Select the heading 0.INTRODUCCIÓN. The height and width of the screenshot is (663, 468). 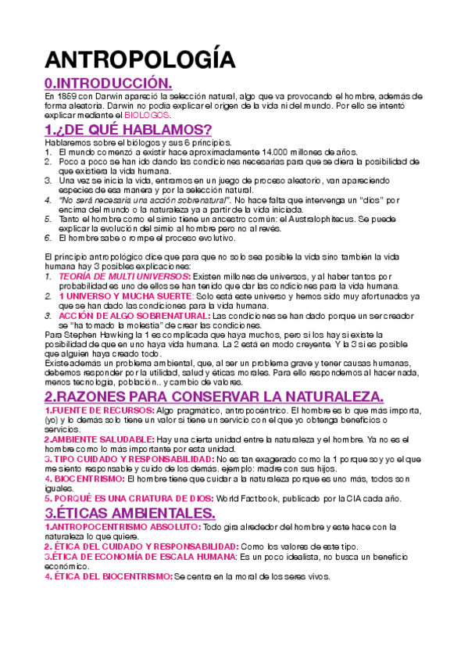pos(107,84)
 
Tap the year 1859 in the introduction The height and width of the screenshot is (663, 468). pos(66,96)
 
